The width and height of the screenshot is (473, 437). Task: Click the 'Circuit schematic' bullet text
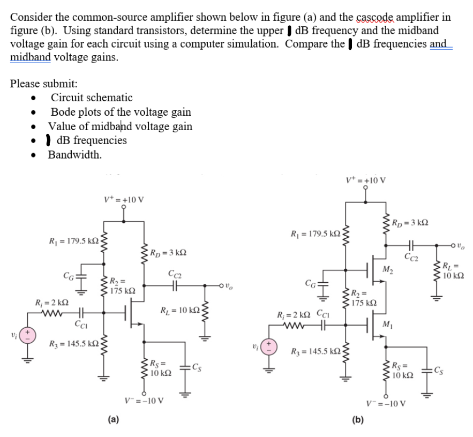tap(92, 97)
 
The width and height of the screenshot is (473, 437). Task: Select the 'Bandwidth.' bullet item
tap(75, 155)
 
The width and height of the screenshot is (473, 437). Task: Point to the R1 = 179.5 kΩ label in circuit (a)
tap(68, 242)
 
